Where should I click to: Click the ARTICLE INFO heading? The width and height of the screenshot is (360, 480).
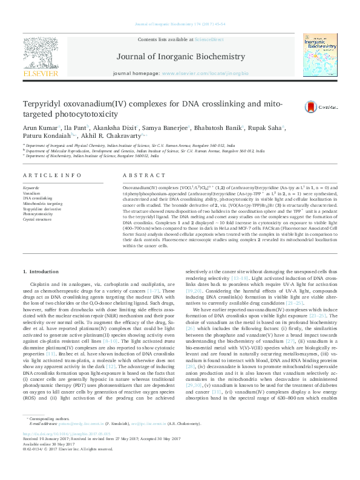click(52, 175)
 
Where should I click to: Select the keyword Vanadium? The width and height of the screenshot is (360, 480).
click(31, 192)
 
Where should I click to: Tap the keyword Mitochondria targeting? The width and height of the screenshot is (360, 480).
click(42, 203)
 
